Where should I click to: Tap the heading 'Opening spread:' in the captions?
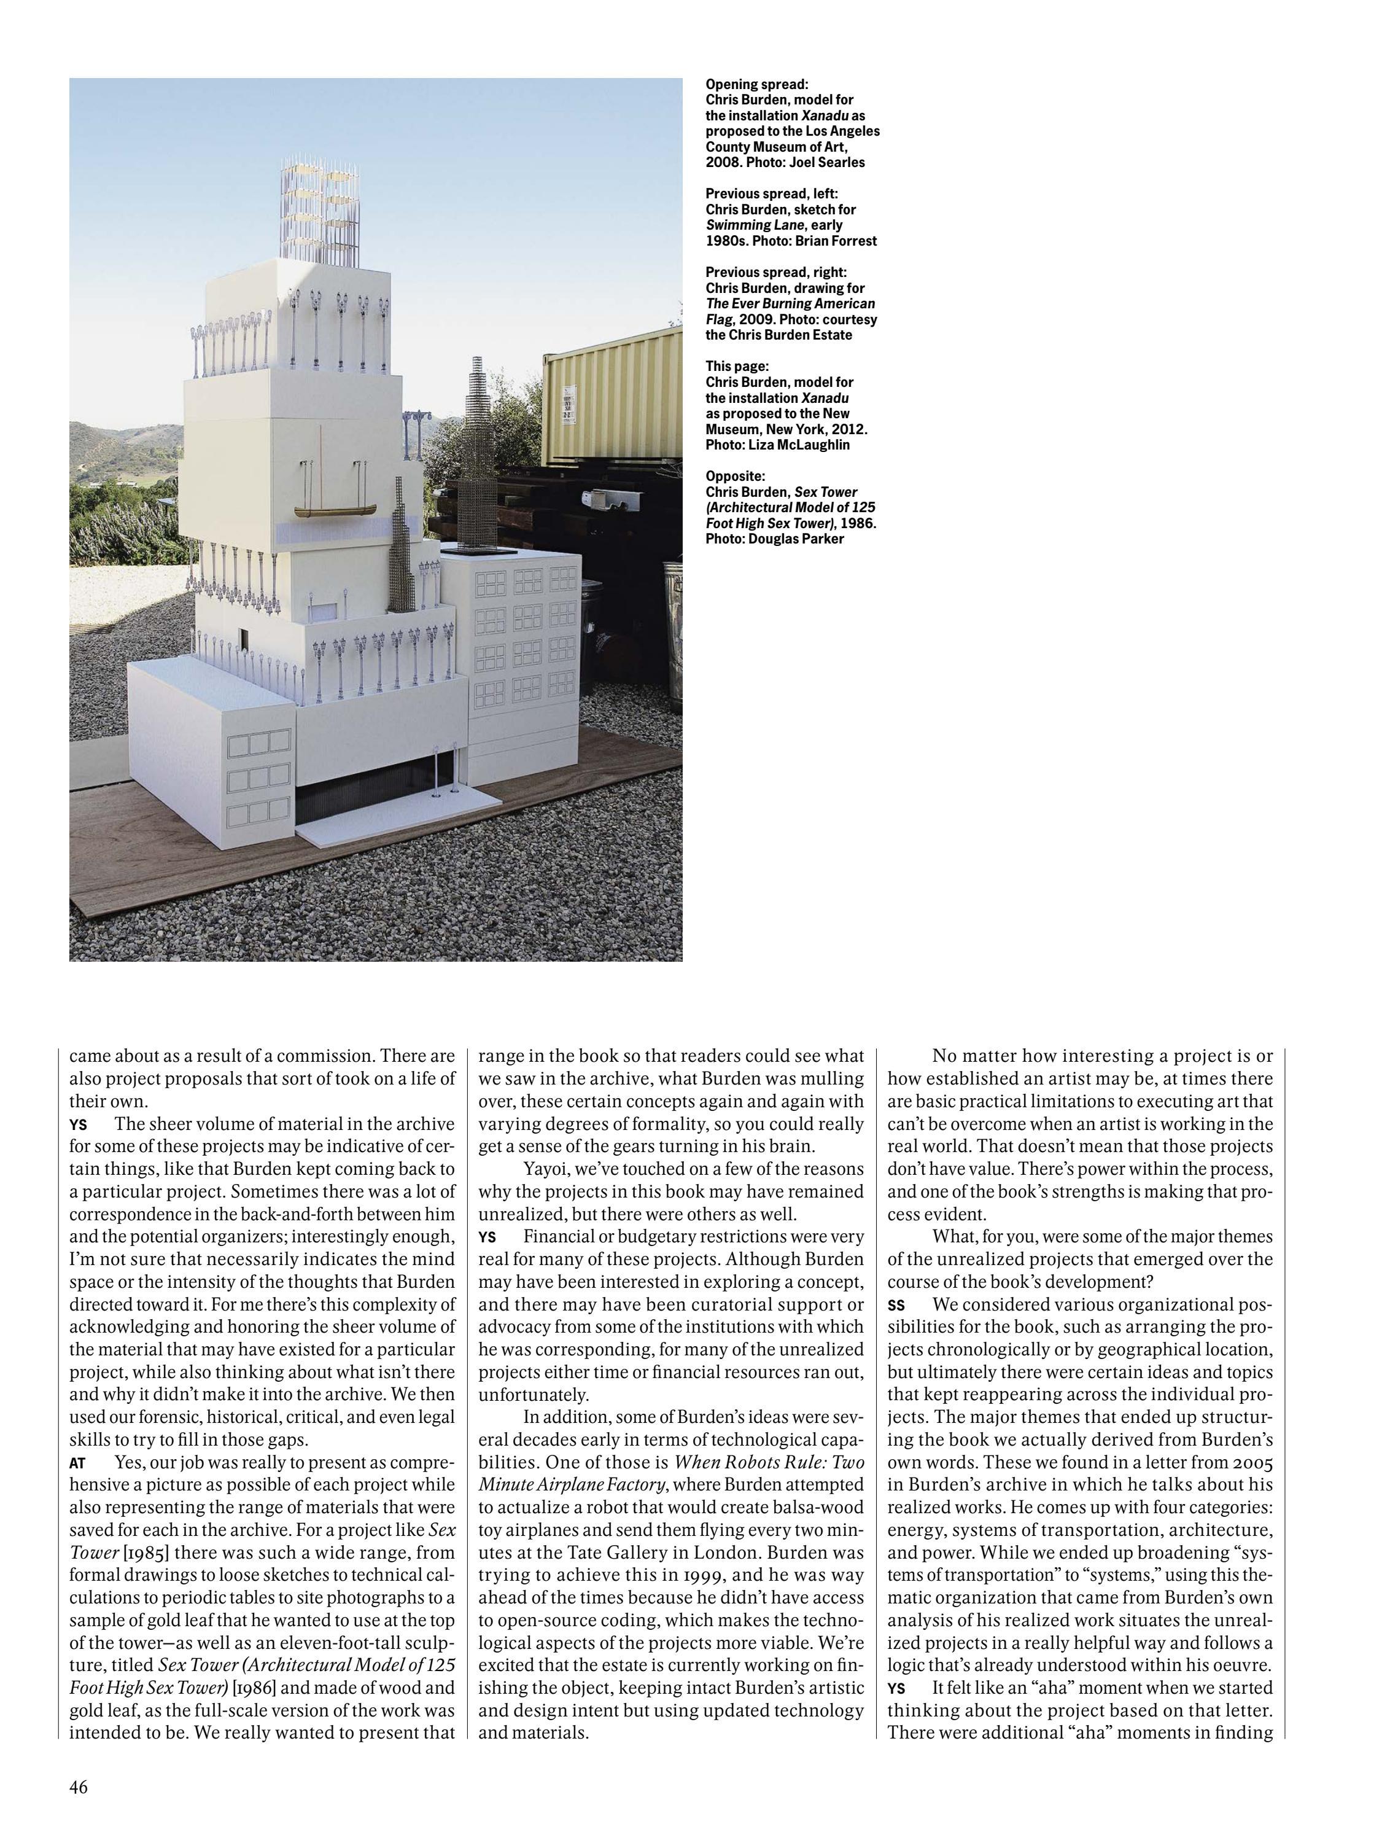coord(756,84)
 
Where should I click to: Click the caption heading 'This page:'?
coord(737,366)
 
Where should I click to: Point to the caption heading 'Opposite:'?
coord(736,476)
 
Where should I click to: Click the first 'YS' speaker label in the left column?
coord(78,1125)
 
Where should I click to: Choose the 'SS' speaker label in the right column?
coord(896,1306)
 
